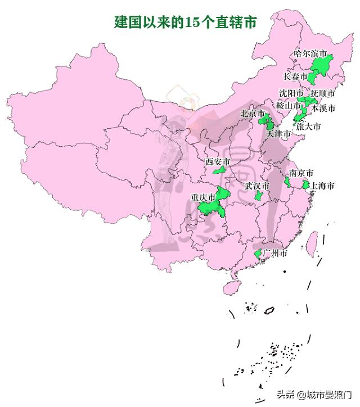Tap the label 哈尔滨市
(x=310, y=54)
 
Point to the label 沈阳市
(x=291, y=93)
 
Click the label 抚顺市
(x=323, y=93)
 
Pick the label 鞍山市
(x=288, y=105)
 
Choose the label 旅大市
(x=309, y=127)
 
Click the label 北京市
(x=253, y=114)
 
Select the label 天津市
(x=278, y=134)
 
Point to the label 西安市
(x=217, y=162)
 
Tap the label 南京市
(x=301, y=173)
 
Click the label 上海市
(x=323, y=186)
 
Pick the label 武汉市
(x=256, y=186)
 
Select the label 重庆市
(x=202, y=197)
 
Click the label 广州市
(x=275, y=254)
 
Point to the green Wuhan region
(x=258, y=196)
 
